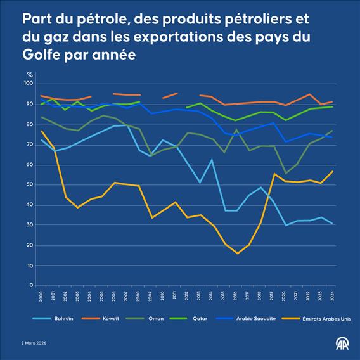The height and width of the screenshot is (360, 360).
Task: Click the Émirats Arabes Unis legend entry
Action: coord(325,319)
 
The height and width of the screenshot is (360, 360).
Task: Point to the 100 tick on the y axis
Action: coord(28,84)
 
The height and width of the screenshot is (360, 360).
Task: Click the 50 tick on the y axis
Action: coord(29,184)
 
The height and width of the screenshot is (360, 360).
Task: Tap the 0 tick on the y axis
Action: coord(31,285)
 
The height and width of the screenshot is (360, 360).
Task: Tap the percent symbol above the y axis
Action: coord(29,75)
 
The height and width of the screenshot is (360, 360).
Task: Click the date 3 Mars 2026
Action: coord(33,343)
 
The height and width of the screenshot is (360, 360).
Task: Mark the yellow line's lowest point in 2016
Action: coord(237,254)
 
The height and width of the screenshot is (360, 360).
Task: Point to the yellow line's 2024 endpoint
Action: coord(333,171)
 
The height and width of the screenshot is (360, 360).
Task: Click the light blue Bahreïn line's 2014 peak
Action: coord(212,160)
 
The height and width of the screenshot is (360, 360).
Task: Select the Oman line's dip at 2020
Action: coord(285,173)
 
